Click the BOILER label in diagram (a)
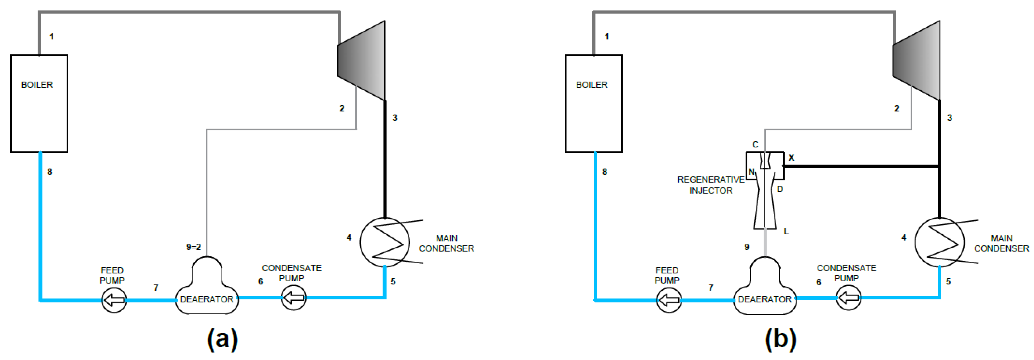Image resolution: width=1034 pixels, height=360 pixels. click(x=37, y=85)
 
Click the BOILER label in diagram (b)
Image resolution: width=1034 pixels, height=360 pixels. click(x=592, y=85)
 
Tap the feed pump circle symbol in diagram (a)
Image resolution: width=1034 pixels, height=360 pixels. click(x=114, y=300)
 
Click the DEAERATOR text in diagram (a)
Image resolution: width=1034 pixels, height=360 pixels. click(x=206, y=299)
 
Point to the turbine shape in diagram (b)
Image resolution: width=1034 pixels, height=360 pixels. click(x=917, y=60)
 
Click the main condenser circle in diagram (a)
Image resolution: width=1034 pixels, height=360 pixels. click(x=385, y=242)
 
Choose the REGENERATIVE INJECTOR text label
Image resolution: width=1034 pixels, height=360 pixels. click(x=710, y=185)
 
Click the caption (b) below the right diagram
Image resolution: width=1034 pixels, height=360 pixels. click(x=780, y=339)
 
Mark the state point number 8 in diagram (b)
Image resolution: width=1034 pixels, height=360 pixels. click(x=605, y=172)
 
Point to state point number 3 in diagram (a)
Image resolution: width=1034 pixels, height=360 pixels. click(x=395, y=118)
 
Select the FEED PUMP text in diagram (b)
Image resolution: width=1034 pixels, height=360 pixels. click(x=667, y=275)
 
